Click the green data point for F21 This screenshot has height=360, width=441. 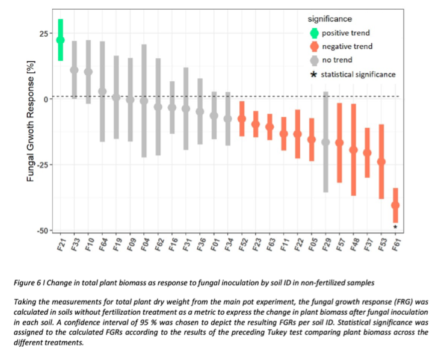pyautogui.click(x=60, y=40)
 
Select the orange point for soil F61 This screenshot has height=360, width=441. pyautogui.click(x=395, y=205)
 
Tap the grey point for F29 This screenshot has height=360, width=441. pyautogui.click(x=325, y=142)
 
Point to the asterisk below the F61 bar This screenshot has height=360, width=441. pyautogui.click(x=395, y=227)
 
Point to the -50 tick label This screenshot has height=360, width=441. pyautogui.click(x=42, y=231)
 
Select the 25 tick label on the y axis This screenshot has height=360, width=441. pyautogui.click(x=43, y=33)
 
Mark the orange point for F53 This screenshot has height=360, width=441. pyautogui.click(x=381, y=161)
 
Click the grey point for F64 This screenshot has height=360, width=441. pyautogui.click(x=102, y=92)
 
